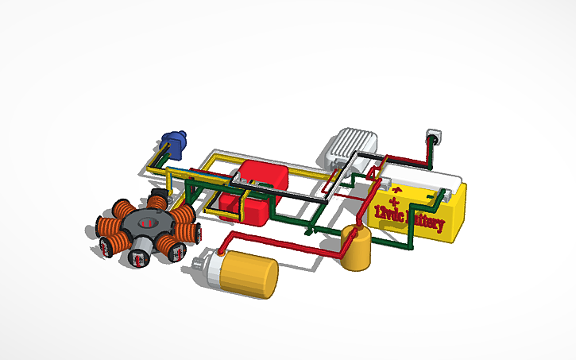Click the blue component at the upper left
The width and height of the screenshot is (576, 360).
pyautogui.click(x=172, y=143)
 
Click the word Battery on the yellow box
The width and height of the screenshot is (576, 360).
pyautogui.click(x=420, y=219)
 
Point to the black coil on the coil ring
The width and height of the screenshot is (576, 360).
pyautogui.click(x=158, y=196)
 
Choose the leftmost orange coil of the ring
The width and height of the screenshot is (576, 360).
pyautogui.click(x=105, y=228)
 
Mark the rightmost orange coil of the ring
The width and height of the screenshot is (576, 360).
pyautogui.click(x=187, y=231)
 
